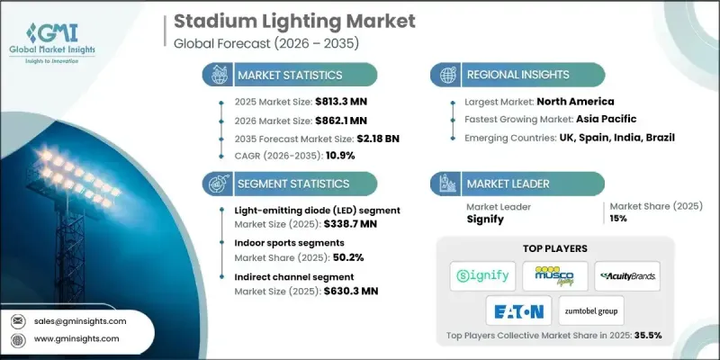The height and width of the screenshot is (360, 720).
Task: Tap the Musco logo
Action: pos(555,275)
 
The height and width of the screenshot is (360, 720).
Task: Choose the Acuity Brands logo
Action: pos(627,275)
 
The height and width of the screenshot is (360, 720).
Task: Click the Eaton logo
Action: pos(519,311)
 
